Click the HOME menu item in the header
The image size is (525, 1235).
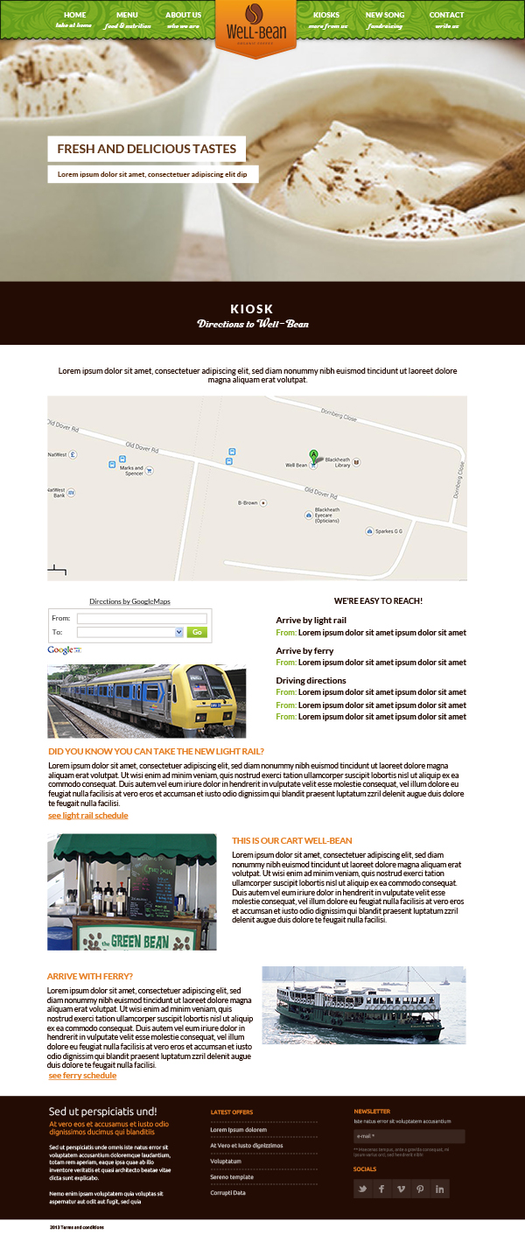coord(74,16)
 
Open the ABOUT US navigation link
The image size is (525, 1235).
coord(183,16)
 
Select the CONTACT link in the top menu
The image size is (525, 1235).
coord(446,16)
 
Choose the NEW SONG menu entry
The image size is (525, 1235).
coord(385,16)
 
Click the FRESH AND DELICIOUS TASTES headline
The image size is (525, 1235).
coord(147,149)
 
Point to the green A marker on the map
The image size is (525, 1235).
coord(313,455)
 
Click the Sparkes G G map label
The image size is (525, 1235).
coord(388,531)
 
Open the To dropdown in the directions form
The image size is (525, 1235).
coord(130,632)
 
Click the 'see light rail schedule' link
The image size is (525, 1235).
coord(87,816)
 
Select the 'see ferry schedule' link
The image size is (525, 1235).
coord(82,1076)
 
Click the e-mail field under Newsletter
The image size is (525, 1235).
coord(409,1136)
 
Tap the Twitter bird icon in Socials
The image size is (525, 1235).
coord(363,1189)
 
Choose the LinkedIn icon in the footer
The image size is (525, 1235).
coord(439,1189)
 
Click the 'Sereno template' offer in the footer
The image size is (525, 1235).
coord(232,1177)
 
